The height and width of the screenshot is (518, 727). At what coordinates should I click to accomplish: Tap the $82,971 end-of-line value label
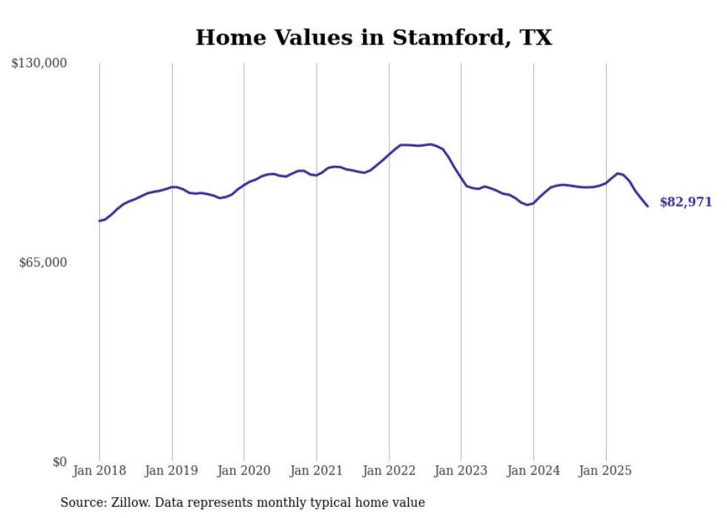point(685,202)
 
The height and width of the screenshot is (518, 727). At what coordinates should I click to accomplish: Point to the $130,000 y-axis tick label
point(39,64)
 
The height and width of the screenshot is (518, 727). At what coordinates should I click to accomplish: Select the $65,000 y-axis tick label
point(42,262)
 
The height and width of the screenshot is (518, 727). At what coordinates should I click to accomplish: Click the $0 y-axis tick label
point(59,462)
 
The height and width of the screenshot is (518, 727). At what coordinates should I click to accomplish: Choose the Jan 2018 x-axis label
point(99,471)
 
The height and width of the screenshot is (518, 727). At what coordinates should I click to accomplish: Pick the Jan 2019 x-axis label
point(171,471)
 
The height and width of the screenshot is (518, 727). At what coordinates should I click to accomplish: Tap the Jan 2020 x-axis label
point(244,471)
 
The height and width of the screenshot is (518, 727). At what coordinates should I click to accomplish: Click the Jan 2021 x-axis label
point(316,471)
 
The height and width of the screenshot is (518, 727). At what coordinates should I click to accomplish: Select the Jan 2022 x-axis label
point(389,471)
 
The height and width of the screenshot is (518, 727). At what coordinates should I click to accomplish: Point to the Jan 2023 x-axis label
point(461,471)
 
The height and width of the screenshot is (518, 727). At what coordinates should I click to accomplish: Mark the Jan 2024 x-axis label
point(533,471)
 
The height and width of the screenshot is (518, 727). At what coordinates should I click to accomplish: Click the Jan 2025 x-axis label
point(605,471)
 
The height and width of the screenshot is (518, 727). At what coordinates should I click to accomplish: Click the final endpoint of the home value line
point(648,206)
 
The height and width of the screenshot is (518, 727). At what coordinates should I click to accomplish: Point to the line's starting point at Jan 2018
point(99,221)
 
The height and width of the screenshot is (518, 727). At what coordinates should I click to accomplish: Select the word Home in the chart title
point(223,38)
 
